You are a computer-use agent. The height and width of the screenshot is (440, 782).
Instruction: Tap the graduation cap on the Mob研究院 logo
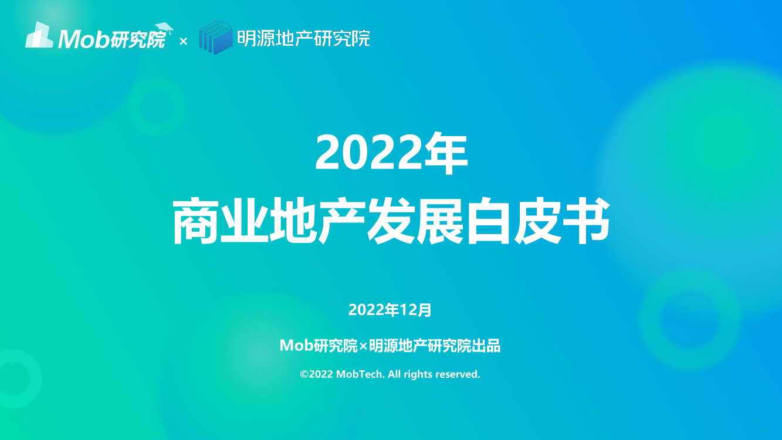coord(165,28)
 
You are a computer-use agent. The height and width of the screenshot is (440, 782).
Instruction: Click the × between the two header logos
coord(183,41)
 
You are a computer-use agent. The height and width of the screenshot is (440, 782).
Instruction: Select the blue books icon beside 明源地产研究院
coord(216,38)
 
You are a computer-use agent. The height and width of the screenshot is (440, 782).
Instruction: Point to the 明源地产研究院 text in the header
coord(303,39)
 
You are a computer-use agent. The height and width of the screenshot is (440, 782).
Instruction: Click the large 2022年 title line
coord(391,154)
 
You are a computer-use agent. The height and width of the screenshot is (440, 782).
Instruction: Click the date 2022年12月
coord(390,310)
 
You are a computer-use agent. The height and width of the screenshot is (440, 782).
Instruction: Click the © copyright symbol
coord(304,374)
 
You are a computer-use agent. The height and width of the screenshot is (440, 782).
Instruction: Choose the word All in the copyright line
coord(394,374)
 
